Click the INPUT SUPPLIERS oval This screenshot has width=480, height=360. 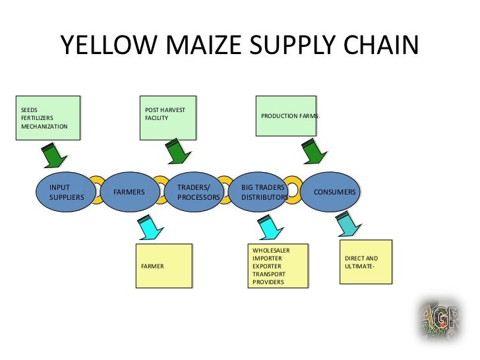[67, 192]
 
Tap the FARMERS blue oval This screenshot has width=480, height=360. [129, 192]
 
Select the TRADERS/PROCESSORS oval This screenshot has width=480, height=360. [195, 192]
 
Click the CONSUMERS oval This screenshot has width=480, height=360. [331, 192]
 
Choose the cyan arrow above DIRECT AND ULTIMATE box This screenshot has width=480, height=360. [347, 224]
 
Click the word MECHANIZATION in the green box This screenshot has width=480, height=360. [44, 127]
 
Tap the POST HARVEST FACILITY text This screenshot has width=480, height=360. [165, 113]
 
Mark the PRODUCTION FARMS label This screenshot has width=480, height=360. [290, 116]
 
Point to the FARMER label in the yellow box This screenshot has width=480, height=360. [152, 266]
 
